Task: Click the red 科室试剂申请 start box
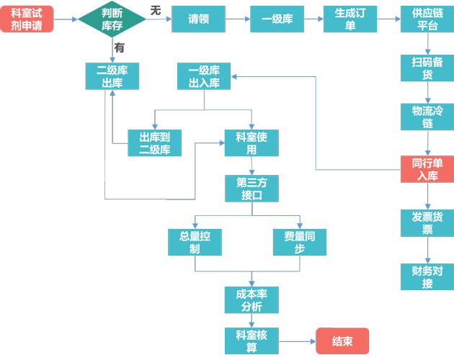(27, 18)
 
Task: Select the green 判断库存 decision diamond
(112, 19)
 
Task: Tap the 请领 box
(197, 19)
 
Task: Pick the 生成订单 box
(350, 19)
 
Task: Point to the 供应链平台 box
(427, 19)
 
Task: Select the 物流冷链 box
(427, 117)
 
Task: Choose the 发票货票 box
(427, 222)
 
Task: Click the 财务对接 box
(427, 276)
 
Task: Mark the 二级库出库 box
(112, 76)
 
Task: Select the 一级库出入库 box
(204, 76)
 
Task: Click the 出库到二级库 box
(154, 143)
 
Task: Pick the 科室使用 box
(252, 143)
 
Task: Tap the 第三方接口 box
(252, 189)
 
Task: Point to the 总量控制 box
(195, 242)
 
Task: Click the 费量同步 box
(300, 242)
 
